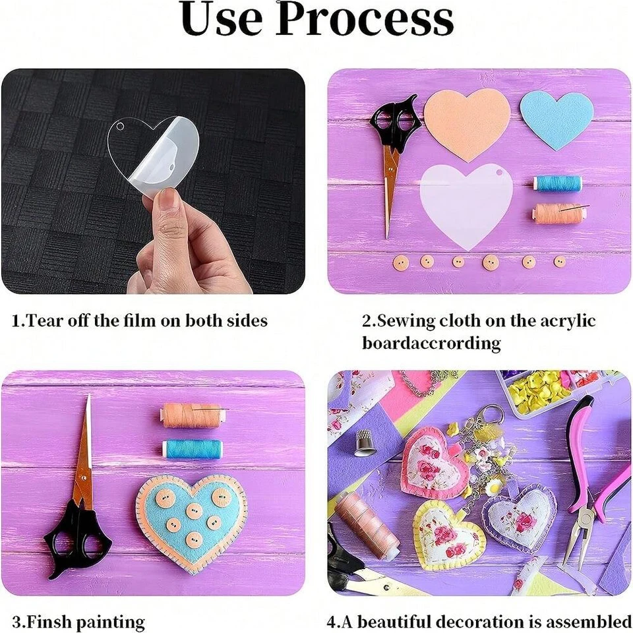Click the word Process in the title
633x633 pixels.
tap(365, 20)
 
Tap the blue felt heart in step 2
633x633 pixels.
tap(557, 120)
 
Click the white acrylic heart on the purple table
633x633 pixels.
tap(466, 204)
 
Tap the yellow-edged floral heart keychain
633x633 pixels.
tap(449, 533)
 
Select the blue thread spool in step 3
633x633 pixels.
tap(193, 449)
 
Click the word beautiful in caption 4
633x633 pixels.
tap(394, 622)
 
